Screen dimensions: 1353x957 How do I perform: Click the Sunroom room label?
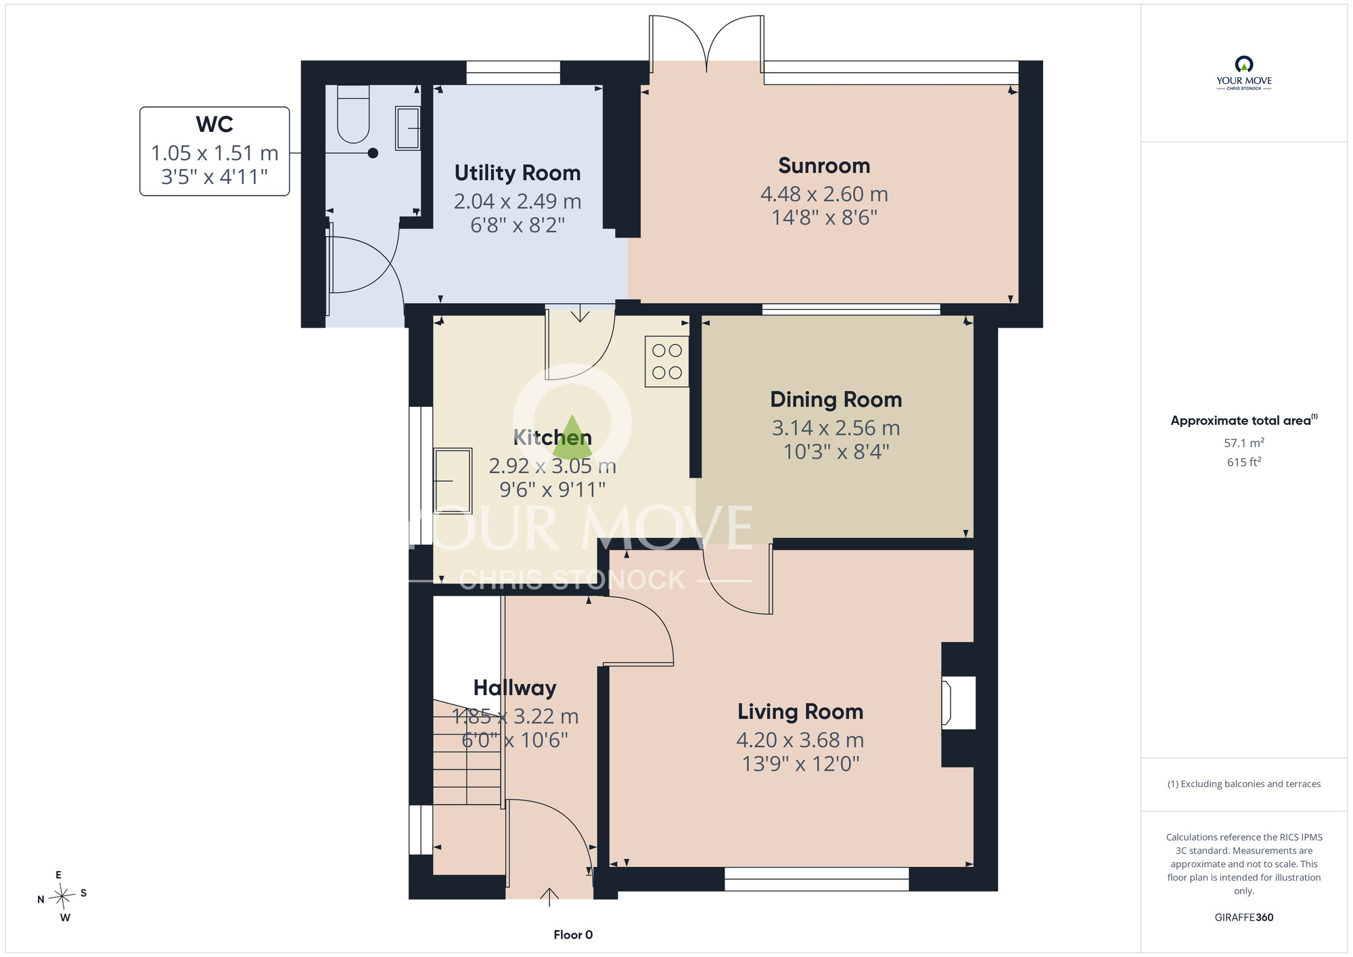pos(824,166)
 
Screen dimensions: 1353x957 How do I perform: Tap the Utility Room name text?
pos(518,173)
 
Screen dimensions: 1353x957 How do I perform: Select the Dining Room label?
pos(836,399)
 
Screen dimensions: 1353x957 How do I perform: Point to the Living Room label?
pos(800,712)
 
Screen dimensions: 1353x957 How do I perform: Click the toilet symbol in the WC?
pos(353,114)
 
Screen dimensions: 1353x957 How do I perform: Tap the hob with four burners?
pos(667,361)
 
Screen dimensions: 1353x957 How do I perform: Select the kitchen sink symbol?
pos(453,481)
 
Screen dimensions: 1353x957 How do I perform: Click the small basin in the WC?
pos(408,128)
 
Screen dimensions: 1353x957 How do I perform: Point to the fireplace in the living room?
pos(958,704)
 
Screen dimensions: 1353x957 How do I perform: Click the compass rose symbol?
pos(62,897)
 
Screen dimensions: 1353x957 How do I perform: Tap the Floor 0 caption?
pos(573,935)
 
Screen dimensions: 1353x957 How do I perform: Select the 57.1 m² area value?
pos(1244,443)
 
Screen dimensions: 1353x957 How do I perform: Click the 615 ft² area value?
pos(1244,462)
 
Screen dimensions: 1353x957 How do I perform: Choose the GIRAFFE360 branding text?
pos(1244,918)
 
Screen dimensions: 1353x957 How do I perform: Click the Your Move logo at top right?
pos(1244,73)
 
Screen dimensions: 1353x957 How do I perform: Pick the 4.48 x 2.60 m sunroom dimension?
pos(824,194)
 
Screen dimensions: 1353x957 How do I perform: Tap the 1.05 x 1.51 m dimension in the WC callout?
pos(214,154)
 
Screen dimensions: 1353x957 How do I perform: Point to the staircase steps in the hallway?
pos(467,753)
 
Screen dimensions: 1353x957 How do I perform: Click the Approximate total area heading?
pos(1244,420)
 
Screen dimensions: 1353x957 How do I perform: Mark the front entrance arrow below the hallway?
pos(549,896)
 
